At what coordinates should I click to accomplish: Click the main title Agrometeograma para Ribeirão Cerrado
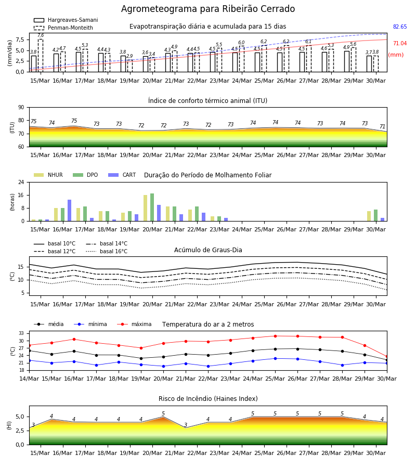(208, 9)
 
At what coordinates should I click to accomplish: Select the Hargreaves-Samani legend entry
(66, 20)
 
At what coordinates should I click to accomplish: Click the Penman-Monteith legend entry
(63, 28)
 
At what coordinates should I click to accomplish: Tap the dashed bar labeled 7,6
(41, 56)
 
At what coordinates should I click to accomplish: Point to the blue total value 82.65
(400, 27)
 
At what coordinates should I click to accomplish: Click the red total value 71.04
(400, 43)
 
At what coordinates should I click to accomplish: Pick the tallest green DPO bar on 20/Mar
(152, 207)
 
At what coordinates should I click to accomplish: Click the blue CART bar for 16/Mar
(70, 211)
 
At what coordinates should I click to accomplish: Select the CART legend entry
(122, 175)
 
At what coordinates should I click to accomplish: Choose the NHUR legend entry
(48, 175)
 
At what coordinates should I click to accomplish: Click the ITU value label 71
(382, 126)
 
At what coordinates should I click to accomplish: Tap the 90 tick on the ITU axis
(21, 108)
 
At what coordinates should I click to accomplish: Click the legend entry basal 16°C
(107, 251)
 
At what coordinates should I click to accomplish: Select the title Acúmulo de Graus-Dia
(208, 250)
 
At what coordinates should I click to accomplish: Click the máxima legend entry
(134, 324)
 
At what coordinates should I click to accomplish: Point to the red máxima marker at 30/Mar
(387, 356)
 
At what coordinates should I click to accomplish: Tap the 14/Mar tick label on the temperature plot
(29, 379)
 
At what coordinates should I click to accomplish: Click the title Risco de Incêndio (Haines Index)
(208, 398)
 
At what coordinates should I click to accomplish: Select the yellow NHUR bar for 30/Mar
(369, 216)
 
